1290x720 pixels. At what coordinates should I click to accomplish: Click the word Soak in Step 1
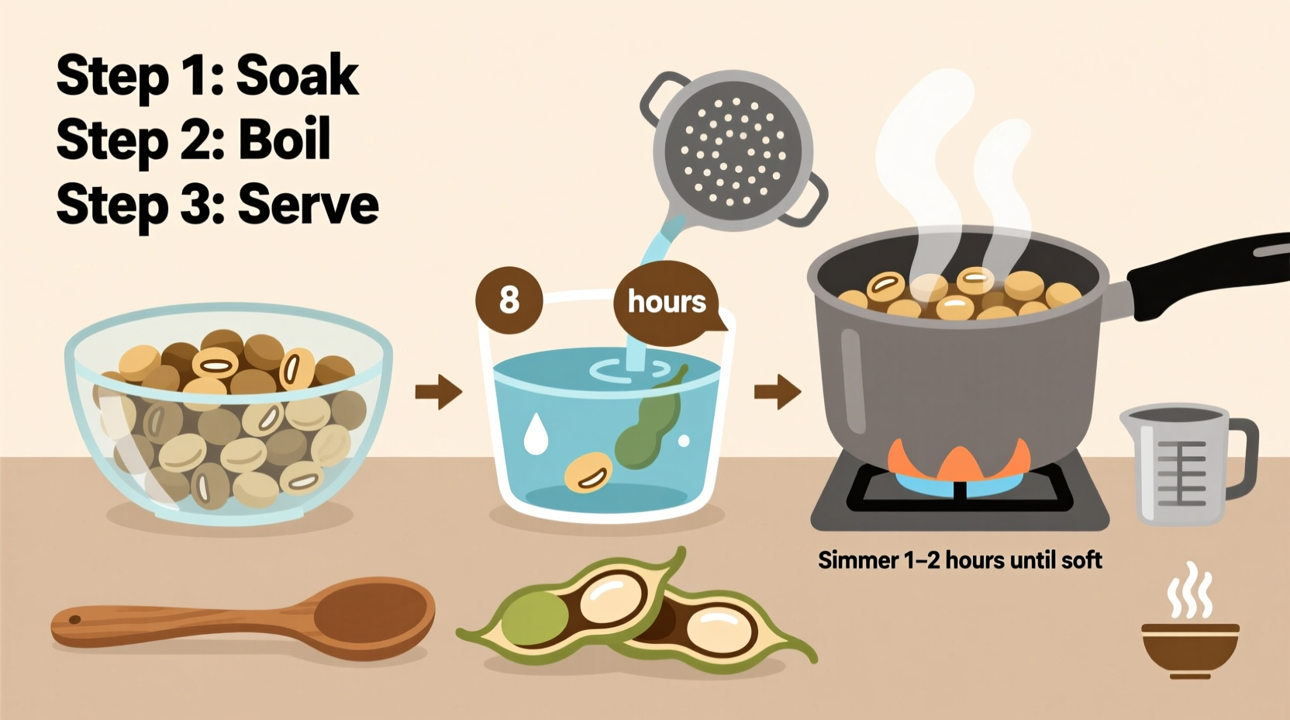click(x=297, y=76)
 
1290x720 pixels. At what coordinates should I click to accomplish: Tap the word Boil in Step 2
click(x=284, y=140)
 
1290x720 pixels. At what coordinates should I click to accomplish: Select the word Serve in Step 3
click(x=308, y=205)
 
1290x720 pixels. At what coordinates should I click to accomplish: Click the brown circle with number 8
click(x=509, y=299)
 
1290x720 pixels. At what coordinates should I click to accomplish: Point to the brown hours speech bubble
click(x=666, y=301)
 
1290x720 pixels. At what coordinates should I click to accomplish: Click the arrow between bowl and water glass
click(x=439, y=391)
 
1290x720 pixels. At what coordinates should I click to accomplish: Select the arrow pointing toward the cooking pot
click(x=778, y=391)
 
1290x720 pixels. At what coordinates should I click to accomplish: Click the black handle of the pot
click(x=1209, y=275)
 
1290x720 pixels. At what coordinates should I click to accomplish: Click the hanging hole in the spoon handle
click(x=75, y=620)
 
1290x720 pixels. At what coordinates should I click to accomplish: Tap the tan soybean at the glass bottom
click(x=588, y=473)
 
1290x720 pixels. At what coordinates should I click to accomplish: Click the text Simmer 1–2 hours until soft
click(x=960, y=560)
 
